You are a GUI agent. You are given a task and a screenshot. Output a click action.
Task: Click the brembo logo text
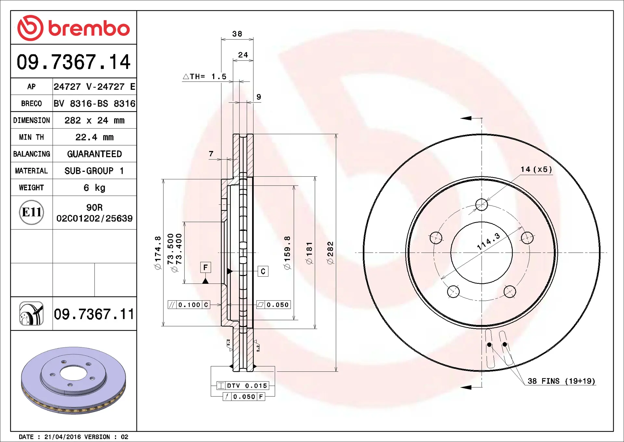tap(89, 28)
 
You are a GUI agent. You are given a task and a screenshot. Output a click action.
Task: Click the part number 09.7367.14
tap(73, 62)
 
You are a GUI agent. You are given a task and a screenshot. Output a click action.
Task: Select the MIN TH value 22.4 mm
tap(95, 137)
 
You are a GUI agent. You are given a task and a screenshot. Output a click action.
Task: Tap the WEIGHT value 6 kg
tap(95, 188)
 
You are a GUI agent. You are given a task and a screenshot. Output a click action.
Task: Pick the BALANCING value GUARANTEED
tap(95, 154)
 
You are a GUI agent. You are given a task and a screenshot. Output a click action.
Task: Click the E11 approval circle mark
tap(32, 212)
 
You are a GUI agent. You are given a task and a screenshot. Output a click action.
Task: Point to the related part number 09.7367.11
tap(94, 314)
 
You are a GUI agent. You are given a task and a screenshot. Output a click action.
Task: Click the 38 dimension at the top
tap(237, 34)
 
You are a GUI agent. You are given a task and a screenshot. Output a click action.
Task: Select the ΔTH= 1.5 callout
tap(205, 76)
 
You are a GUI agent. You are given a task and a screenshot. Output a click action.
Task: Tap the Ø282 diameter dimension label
tap(330, 253)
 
